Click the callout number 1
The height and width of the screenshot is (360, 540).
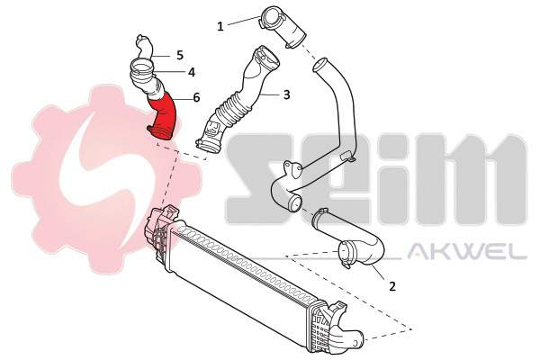[220, 26]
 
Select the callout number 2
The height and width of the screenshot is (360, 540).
[392, 286]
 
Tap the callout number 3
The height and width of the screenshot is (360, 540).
[286, 94]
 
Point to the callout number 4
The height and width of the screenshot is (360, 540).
[192, 72]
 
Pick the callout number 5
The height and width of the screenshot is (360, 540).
[180, 55]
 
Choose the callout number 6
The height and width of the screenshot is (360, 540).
[196, 97]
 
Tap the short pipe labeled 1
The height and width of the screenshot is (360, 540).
[283, 28]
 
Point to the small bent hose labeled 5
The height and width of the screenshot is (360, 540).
[144, 48]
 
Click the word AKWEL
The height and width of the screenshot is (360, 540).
[467, 252]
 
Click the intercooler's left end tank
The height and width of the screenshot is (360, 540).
[161, 229]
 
